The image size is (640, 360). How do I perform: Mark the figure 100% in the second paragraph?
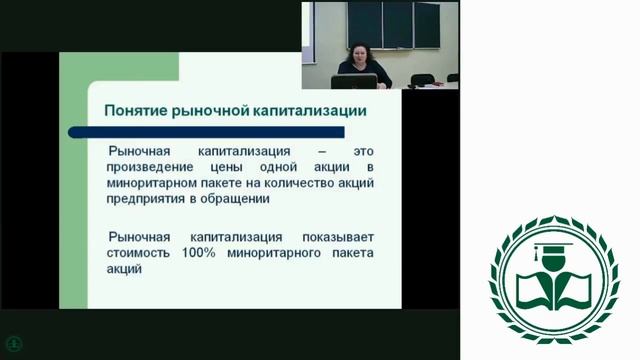(204, 253)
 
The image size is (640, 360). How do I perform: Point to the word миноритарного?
(275, 253)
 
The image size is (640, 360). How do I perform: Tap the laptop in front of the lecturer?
(357, 81)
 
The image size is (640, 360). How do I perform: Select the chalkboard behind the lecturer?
(395, 24)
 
